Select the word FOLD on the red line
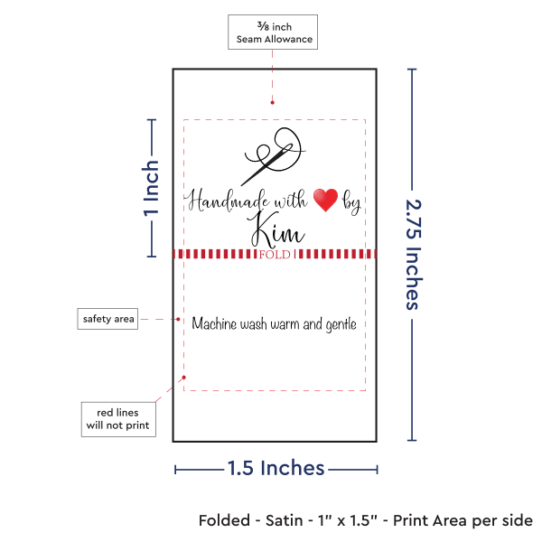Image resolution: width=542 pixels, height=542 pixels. pyautogui.click(x=274, y=255)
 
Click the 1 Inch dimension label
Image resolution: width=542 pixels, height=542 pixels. pyautogui.click(x=152, y=189)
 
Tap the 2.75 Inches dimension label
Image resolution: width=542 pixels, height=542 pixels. pyautogui.click(x=414, y=255)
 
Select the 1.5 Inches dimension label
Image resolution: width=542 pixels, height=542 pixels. pyautogui.click(x=276, y=468)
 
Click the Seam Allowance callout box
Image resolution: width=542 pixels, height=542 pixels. pyautogui.click(x=273, y=33)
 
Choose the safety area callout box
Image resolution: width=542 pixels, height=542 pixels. pyautogui.click(x=108, y=319)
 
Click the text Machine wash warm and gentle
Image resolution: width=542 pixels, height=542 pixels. pyautogui.click(x=275, y=324)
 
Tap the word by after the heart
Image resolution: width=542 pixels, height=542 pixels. pyautogui.click(x=351, y=204)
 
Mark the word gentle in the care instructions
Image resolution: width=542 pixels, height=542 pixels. pyautogui.click(x=338, y=324)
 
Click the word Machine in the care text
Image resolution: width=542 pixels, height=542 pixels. pyautogui.click(x=216, y=324)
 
